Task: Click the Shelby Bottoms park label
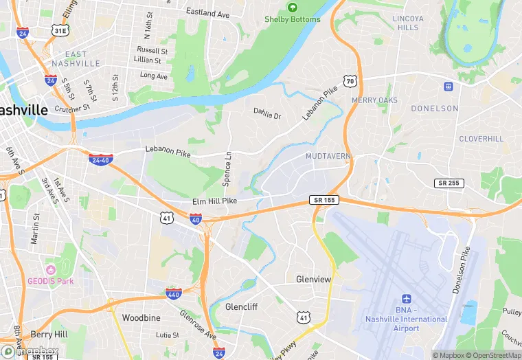(293, 19)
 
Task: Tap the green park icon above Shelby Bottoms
(293, 8)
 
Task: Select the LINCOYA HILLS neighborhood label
(407, 23)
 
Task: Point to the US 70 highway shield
(351, 81)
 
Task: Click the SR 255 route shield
(448, 183)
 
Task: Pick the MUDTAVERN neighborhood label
(328, 157)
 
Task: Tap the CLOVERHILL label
(481, 139)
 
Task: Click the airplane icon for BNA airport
(406, 300)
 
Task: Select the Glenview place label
(313, 280)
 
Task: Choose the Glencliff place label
(241, 307)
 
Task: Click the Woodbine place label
(141, 318)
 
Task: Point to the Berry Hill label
(49, 334)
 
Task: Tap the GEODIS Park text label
(51, 280)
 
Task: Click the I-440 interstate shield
(174, 294)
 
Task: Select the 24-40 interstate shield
(101, 159)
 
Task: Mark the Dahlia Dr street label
(267, 115)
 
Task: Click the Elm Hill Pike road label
(214, 201)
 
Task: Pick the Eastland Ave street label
(207, 13)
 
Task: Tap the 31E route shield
(60, 31)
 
